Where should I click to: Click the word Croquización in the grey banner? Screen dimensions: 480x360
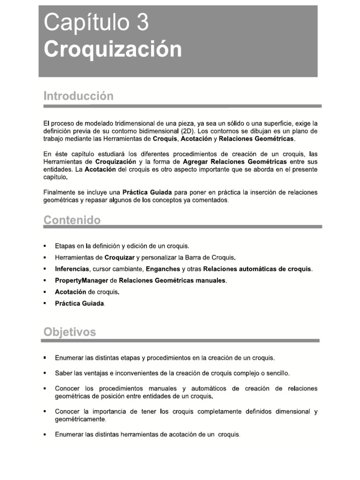112,49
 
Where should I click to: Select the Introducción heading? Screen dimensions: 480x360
78,96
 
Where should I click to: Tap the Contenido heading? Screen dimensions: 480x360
72,220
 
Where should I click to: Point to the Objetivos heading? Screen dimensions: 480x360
69,332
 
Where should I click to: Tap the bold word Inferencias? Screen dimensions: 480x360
72,269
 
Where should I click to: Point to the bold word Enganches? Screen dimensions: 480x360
163,269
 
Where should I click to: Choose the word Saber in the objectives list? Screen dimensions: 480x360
63,374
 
